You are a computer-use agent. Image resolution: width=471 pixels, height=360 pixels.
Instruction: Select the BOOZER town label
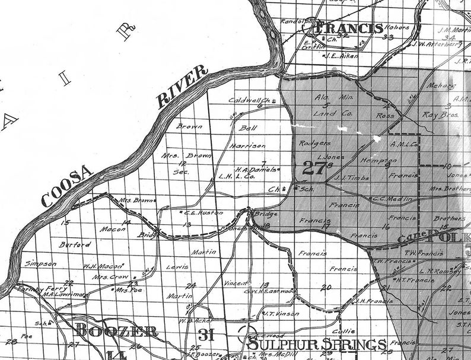[116, 331]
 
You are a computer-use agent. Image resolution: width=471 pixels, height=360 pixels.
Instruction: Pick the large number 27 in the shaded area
[313, 168]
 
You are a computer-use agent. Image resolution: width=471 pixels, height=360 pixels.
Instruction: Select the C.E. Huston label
[195, 212]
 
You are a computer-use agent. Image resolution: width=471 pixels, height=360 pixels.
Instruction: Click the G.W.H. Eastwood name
[270, 291]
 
